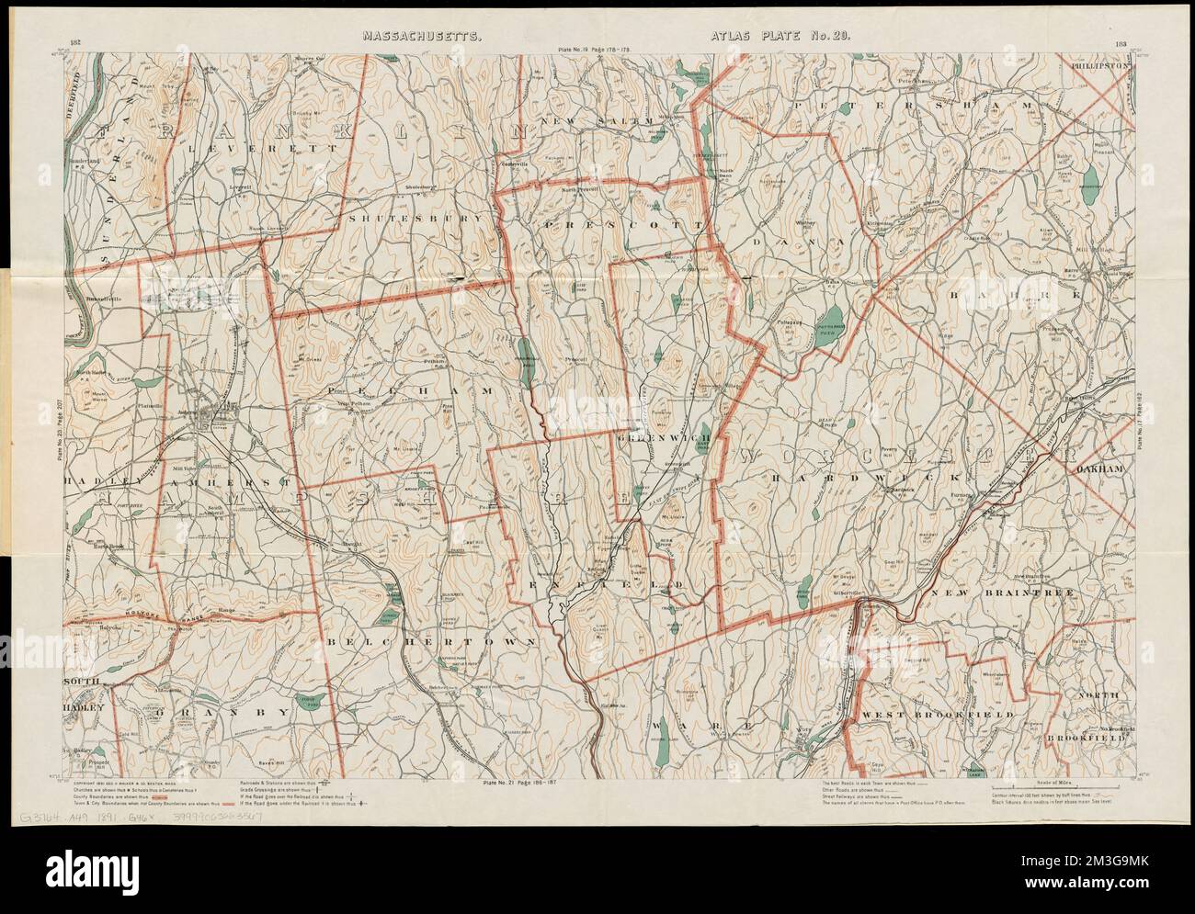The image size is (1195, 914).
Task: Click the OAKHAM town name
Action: [1098, 469]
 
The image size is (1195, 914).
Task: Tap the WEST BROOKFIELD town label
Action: [938, 714]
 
